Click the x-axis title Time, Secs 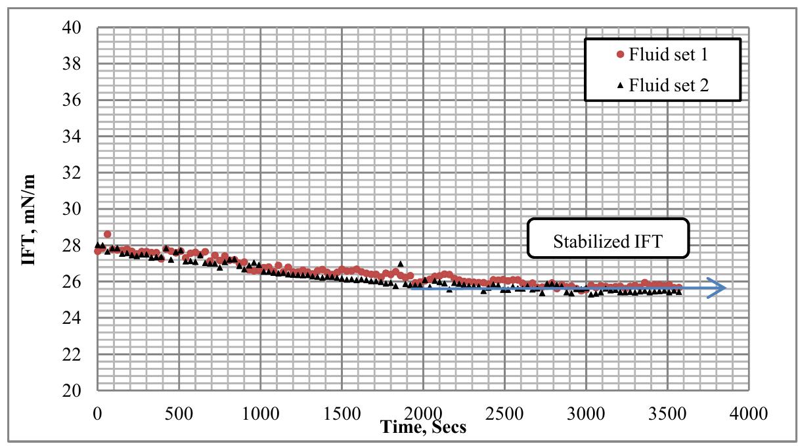pyautogui.click(x=423, y=428)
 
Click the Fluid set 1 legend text pyautogui.click(x=668, y=55)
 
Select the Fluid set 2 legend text pyautogui.click(x=668, y=85)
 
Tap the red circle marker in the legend pyautogui.click(x=619, y=55)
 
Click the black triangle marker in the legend pyautogui.click(x=619, y=85)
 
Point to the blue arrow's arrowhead pyautogui.click(x=719, y=288)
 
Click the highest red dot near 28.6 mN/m pyautogui.click(x=107, y=234)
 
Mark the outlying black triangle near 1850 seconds pyautogui.click(x=400, y=263)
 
